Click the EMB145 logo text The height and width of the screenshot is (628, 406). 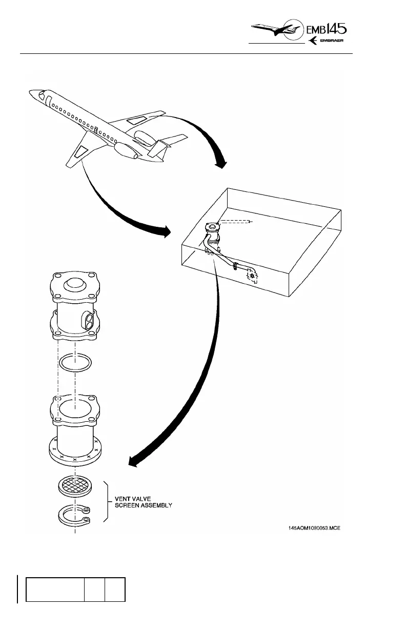[332, 30]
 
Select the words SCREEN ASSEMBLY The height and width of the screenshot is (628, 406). [144, 505]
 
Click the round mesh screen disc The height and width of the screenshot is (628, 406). [75, 485]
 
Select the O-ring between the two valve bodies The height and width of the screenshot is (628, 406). [75, 364]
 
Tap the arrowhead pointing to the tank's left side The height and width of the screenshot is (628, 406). [166, 232]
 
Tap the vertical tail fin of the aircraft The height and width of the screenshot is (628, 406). [158, 149]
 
